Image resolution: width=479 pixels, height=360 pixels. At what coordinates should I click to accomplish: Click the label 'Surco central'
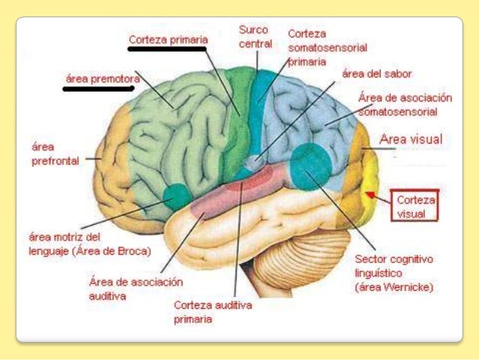click(255, 37)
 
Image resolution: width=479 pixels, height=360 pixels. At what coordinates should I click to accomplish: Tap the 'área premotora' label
click(103, 79)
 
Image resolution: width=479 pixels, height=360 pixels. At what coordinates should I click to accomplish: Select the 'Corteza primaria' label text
click(168, 39)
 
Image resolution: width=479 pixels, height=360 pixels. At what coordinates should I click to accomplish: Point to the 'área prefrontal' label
click(56, 154)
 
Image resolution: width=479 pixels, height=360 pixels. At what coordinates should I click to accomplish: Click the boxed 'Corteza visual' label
click(414, 205)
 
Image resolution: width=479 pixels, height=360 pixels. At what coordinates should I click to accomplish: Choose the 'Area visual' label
click(411, 139)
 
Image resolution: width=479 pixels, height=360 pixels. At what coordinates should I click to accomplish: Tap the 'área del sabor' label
click(377, 74)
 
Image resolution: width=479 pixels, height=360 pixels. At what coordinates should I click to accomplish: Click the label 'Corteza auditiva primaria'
click(213, 312)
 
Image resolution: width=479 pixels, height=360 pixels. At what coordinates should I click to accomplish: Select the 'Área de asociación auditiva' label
click(136, 289)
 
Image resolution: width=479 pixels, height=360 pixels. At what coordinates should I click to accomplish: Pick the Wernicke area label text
click(394, 273)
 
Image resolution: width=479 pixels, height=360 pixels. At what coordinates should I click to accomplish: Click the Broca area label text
click(90, 244)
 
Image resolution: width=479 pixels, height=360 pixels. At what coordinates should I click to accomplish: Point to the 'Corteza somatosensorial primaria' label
click(327, 47)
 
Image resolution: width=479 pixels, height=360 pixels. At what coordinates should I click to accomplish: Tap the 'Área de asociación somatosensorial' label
click(405, 104)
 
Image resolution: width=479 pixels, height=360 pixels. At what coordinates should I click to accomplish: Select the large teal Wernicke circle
click(310, 167)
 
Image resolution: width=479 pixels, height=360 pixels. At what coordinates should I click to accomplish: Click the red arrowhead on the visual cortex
click(370, 195)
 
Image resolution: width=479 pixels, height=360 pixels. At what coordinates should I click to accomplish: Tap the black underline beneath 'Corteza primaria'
click(167, 49)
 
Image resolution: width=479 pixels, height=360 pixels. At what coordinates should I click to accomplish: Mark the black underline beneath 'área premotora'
click(98, 89)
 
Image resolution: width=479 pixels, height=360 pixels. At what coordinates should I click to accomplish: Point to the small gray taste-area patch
click(255, 161)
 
